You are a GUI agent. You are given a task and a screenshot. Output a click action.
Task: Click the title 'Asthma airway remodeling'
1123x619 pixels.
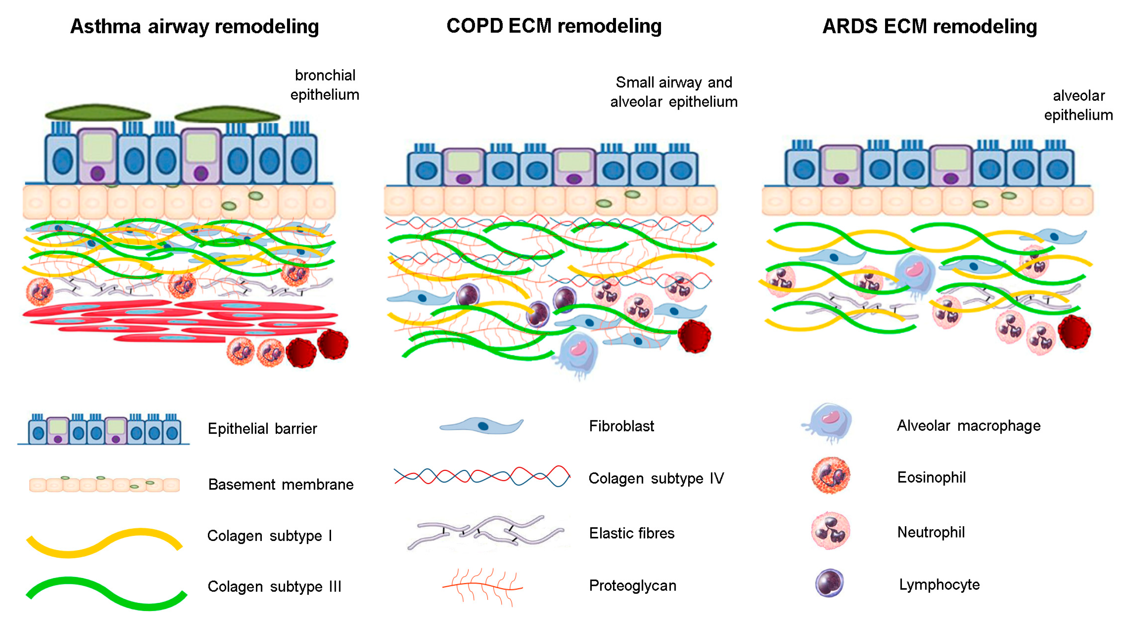194,27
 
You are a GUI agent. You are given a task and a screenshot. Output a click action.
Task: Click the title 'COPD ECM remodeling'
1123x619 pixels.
554,26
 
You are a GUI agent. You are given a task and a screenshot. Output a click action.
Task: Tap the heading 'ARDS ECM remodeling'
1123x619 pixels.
929,27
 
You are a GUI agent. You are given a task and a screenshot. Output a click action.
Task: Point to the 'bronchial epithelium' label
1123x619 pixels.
325,85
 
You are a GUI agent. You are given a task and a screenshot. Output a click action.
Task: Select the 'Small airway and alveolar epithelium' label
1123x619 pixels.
674,92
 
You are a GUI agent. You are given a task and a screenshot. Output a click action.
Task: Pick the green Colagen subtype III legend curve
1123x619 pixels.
106,593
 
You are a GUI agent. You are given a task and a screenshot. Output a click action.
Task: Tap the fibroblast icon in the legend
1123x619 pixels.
481,426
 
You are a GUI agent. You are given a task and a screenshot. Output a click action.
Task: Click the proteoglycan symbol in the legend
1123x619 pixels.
482,587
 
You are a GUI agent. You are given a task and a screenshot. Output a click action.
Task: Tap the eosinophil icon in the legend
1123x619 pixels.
830,476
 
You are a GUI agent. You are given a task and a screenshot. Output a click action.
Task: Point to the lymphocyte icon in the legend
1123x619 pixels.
829,583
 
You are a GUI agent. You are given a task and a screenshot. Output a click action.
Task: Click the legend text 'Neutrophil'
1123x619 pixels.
930,532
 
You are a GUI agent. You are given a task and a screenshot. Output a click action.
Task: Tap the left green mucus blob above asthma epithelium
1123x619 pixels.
98,113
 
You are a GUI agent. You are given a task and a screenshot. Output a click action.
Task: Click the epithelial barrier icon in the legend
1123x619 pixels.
104,430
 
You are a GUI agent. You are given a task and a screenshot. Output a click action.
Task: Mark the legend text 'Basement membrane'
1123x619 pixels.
280,484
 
